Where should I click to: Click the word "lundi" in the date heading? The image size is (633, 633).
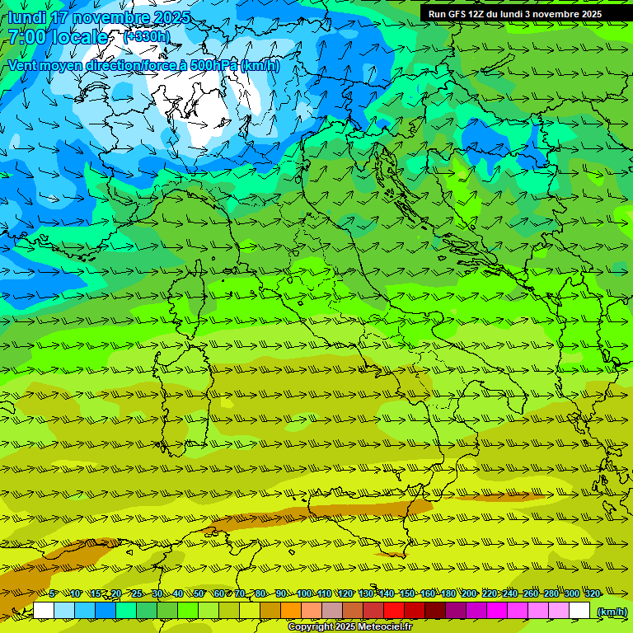point(26,17)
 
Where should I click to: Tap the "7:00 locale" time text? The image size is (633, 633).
point(58,37)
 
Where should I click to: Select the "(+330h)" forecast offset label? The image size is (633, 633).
point(147,37)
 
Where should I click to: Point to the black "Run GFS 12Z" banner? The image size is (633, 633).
point(515,13)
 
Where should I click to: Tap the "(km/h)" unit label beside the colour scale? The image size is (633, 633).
point(611,611)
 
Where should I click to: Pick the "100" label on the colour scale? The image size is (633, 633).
point(303,593)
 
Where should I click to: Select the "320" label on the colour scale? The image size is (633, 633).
point(591,593)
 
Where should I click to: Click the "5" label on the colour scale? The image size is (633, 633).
point(53,593)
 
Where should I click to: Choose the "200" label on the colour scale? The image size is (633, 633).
point(468,593)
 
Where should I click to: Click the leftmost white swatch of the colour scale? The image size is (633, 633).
point(44,611)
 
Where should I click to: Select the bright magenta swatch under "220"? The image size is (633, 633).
point(497,611)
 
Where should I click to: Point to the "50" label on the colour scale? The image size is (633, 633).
point(199,593)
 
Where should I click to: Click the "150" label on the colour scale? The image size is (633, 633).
point(406,593)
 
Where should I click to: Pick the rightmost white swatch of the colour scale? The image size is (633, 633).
point(579,611)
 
